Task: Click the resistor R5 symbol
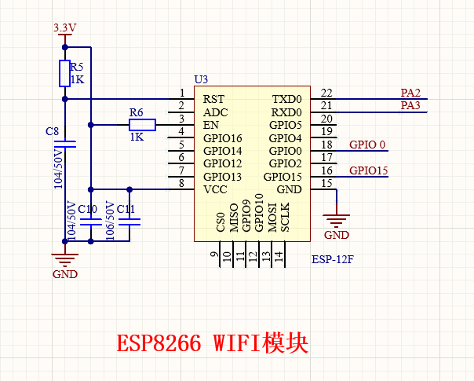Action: pyautogui.click(x=64, y=73)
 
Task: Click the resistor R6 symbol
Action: pyautogui.click(x=142, y=125)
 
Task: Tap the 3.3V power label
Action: pyautogui.click(x=64, y=27)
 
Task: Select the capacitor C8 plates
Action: pyautogui.click(x=65, y=145)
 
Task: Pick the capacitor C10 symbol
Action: pyautogui.click(x=91, y=222)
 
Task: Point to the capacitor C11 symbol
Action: pyautogui.click(x=129, y=222)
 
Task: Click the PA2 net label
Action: pyautogui.click(x=410, y=93)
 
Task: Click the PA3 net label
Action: pyautogui.click(x=410, y=105)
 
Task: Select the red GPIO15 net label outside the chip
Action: pyautogui.click(x=369, y=170)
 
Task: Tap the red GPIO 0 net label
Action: pyautogui.click(x=367, y=145)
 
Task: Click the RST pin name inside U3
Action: pyautogui.click(x=213, y=99)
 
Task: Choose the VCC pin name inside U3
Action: pyautogui.click(x=215, y=189)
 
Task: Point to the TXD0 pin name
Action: pyautogui.click(x=287, y=99)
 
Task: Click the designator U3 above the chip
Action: pyautogui.click(x=201, y=79)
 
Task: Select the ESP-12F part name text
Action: pyautogui.click(x=333, y=259)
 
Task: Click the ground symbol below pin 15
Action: pyautogui.click(x=337, y=221)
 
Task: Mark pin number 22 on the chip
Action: pyautogui.click(x=326, y=93)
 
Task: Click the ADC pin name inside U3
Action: pyautogui.click(x=216, y=112)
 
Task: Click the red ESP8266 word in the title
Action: pyautogui.click(x=159, y=343)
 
